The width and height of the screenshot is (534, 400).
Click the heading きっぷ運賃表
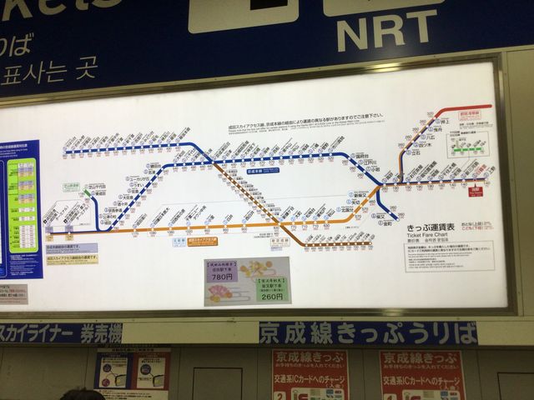pos(431,227)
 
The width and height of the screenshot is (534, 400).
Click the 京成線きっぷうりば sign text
pos(368,333)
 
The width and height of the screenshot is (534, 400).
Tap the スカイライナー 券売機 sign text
pos(58,333)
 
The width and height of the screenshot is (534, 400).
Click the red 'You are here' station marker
pos(476,190)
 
